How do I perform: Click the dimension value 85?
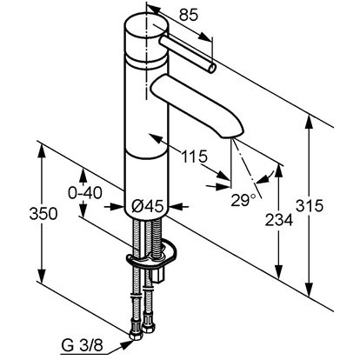tap(189, 15)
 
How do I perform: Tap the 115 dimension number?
tap(195, 157)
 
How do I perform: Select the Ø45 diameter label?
tap(146, 207)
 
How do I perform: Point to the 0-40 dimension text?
tap(85, 193)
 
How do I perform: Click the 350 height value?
tap(43, 214)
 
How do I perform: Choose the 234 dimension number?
tap(279, 220)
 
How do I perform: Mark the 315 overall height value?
tap(310, 206)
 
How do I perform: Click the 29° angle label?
tap(243, 200)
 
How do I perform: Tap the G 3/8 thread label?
tap(83, 346)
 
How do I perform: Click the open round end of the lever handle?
tap(212, 69)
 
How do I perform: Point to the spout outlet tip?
tap(232, 136)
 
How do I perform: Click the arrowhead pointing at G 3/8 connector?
tap(127, 344)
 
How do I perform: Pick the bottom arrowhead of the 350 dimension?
tap(43, 275)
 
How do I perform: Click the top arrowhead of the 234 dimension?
tap(278, 171)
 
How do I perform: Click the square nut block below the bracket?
tap(158, 275)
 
